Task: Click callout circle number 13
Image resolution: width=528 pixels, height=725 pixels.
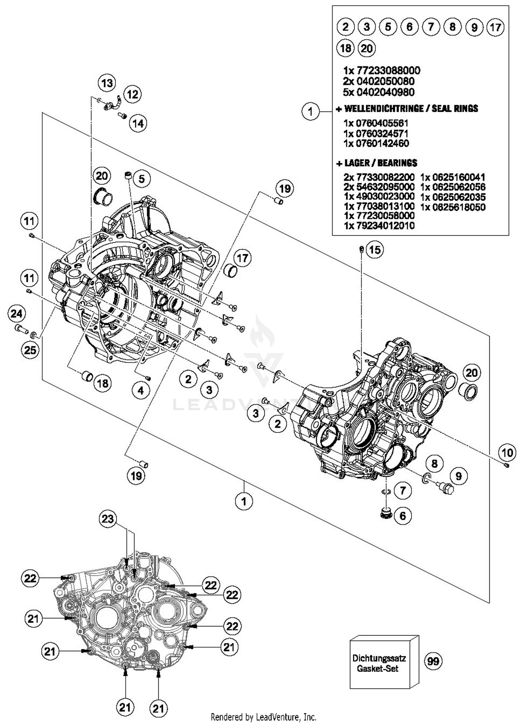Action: click(107, 83)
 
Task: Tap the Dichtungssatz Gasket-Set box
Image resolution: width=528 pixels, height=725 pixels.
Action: click(379, 663)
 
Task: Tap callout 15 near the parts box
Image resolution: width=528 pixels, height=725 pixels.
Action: click(375, 250)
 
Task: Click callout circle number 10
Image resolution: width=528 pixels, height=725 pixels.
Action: click(507, 452)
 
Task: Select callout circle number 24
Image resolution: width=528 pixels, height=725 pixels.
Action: click(17, 313)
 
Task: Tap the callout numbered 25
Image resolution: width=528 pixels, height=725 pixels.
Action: click(30, 349)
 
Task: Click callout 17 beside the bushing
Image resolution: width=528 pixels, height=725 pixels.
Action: click(243, 258)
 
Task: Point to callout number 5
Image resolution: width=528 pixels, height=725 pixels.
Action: click(142, 179)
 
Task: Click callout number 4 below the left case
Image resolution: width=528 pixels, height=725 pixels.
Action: click(141, 390)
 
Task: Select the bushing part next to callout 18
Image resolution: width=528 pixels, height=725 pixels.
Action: click(87, 376)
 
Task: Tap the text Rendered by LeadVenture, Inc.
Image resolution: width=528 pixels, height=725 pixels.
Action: click(263, 717)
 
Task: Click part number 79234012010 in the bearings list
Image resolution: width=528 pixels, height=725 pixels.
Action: click(379, 226)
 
